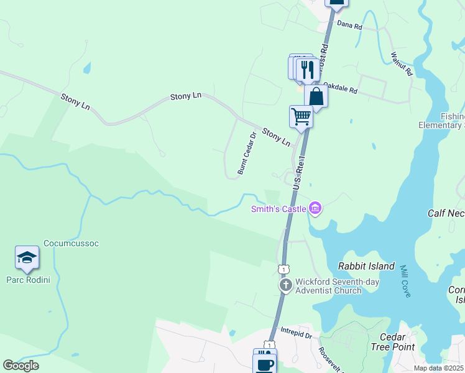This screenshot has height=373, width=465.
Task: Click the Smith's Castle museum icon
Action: [x=315, y=208]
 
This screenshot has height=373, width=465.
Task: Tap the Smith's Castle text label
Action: [x=279, y=209]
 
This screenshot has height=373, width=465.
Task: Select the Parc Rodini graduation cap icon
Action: [x=27, y=257]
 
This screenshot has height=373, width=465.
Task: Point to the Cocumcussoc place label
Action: [x=71, y=243]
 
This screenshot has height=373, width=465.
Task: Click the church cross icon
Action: [x=285, y=285]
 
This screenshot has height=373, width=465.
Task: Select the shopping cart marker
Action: [x=301, y=116]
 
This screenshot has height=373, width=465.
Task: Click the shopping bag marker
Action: [x=316, y=96]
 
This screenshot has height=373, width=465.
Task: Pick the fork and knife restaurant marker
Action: [x=307, y=68]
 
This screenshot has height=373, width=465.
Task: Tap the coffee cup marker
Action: [x=264, y=362]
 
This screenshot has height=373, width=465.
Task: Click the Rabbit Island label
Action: [x=366, y=266]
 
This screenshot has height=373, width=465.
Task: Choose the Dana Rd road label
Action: [x=349, y=25]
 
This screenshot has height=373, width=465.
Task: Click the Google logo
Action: [x=21, y=365]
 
